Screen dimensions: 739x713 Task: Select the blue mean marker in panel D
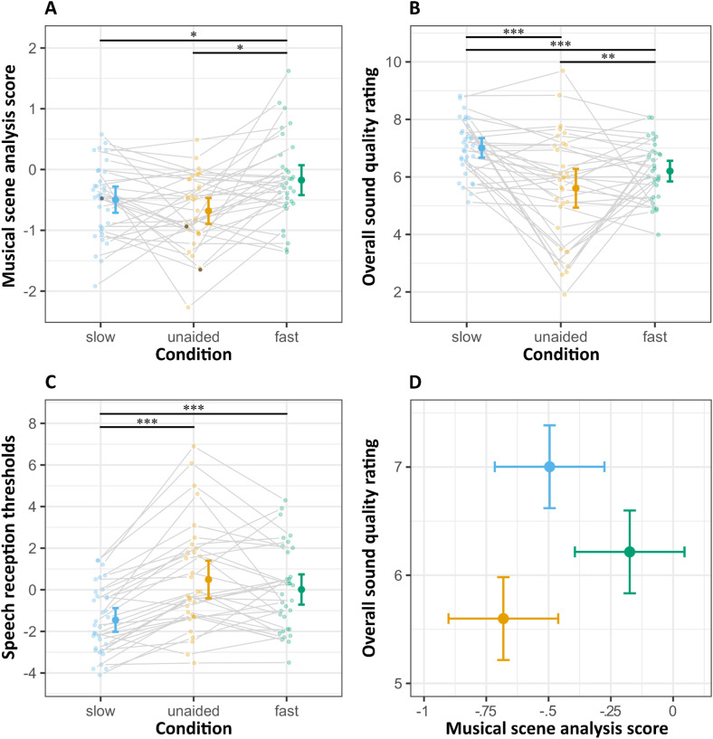549,467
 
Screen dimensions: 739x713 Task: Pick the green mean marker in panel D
630,551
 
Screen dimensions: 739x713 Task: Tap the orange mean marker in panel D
503,618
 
